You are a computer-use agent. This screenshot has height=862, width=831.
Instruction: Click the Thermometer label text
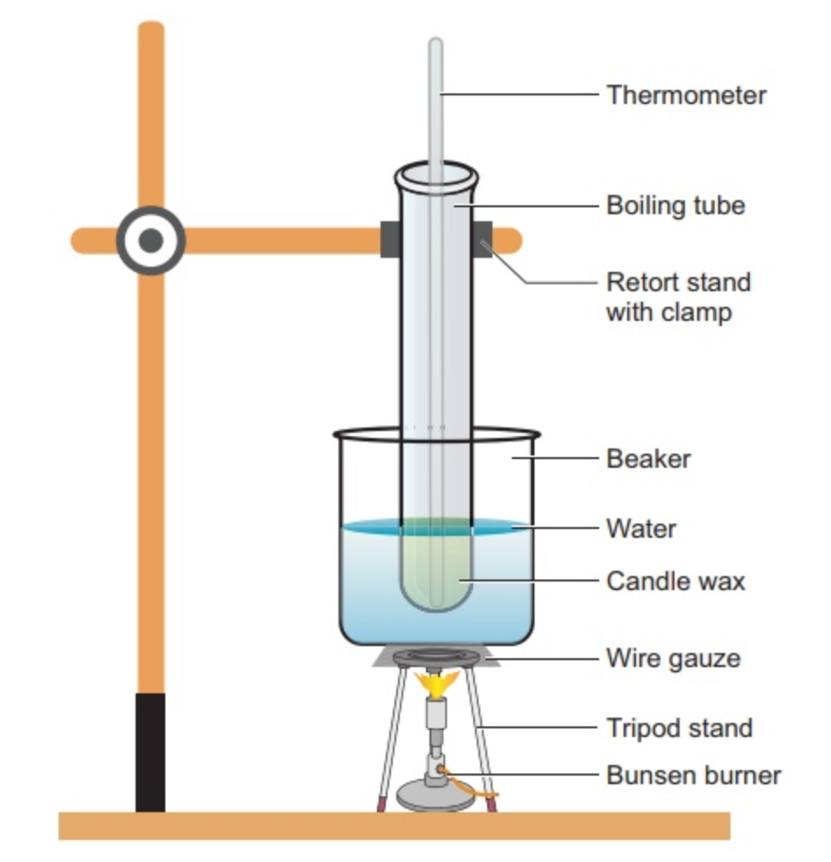pyautogui.click(x=686, y=94)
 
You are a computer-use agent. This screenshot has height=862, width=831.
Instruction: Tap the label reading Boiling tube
pyautogui.click(x=675, y=206)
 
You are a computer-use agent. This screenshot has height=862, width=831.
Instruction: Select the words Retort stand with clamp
pyautogui.click(x=678, y=297)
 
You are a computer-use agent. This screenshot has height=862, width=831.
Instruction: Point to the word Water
pyautogui.click(x=640, y=528)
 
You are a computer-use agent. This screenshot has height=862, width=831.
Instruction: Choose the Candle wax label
pyautogui.click(x=675, y=581)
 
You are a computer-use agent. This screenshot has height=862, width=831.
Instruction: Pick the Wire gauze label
pyautogui.click(x=673, y=657)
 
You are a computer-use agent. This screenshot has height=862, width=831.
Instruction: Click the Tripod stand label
pyautogui.click(x=679, y=727)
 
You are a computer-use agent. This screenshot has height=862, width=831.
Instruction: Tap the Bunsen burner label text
pyautogui.click(x=693, y=775)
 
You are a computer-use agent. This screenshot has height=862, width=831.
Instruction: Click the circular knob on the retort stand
pyautogui.click(x=150, y=240)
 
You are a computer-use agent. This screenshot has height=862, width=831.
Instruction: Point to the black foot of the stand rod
pyautogui.click(x=150, y=752)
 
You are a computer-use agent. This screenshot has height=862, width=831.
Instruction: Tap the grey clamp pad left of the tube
pyautogui.click(x=390, y=240)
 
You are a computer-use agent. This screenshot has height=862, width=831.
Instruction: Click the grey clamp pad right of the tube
pyautogui.click(x=482, y=240)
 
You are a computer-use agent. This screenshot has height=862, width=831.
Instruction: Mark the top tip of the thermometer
pyautogui.click(x=435, y=41)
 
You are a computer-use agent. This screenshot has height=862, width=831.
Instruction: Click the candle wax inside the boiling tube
pyautogui.click(x=436, y=568)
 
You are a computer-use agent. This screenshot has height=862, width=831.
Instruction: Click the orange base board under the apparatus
pyautogui.click(x=394, y=825)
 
